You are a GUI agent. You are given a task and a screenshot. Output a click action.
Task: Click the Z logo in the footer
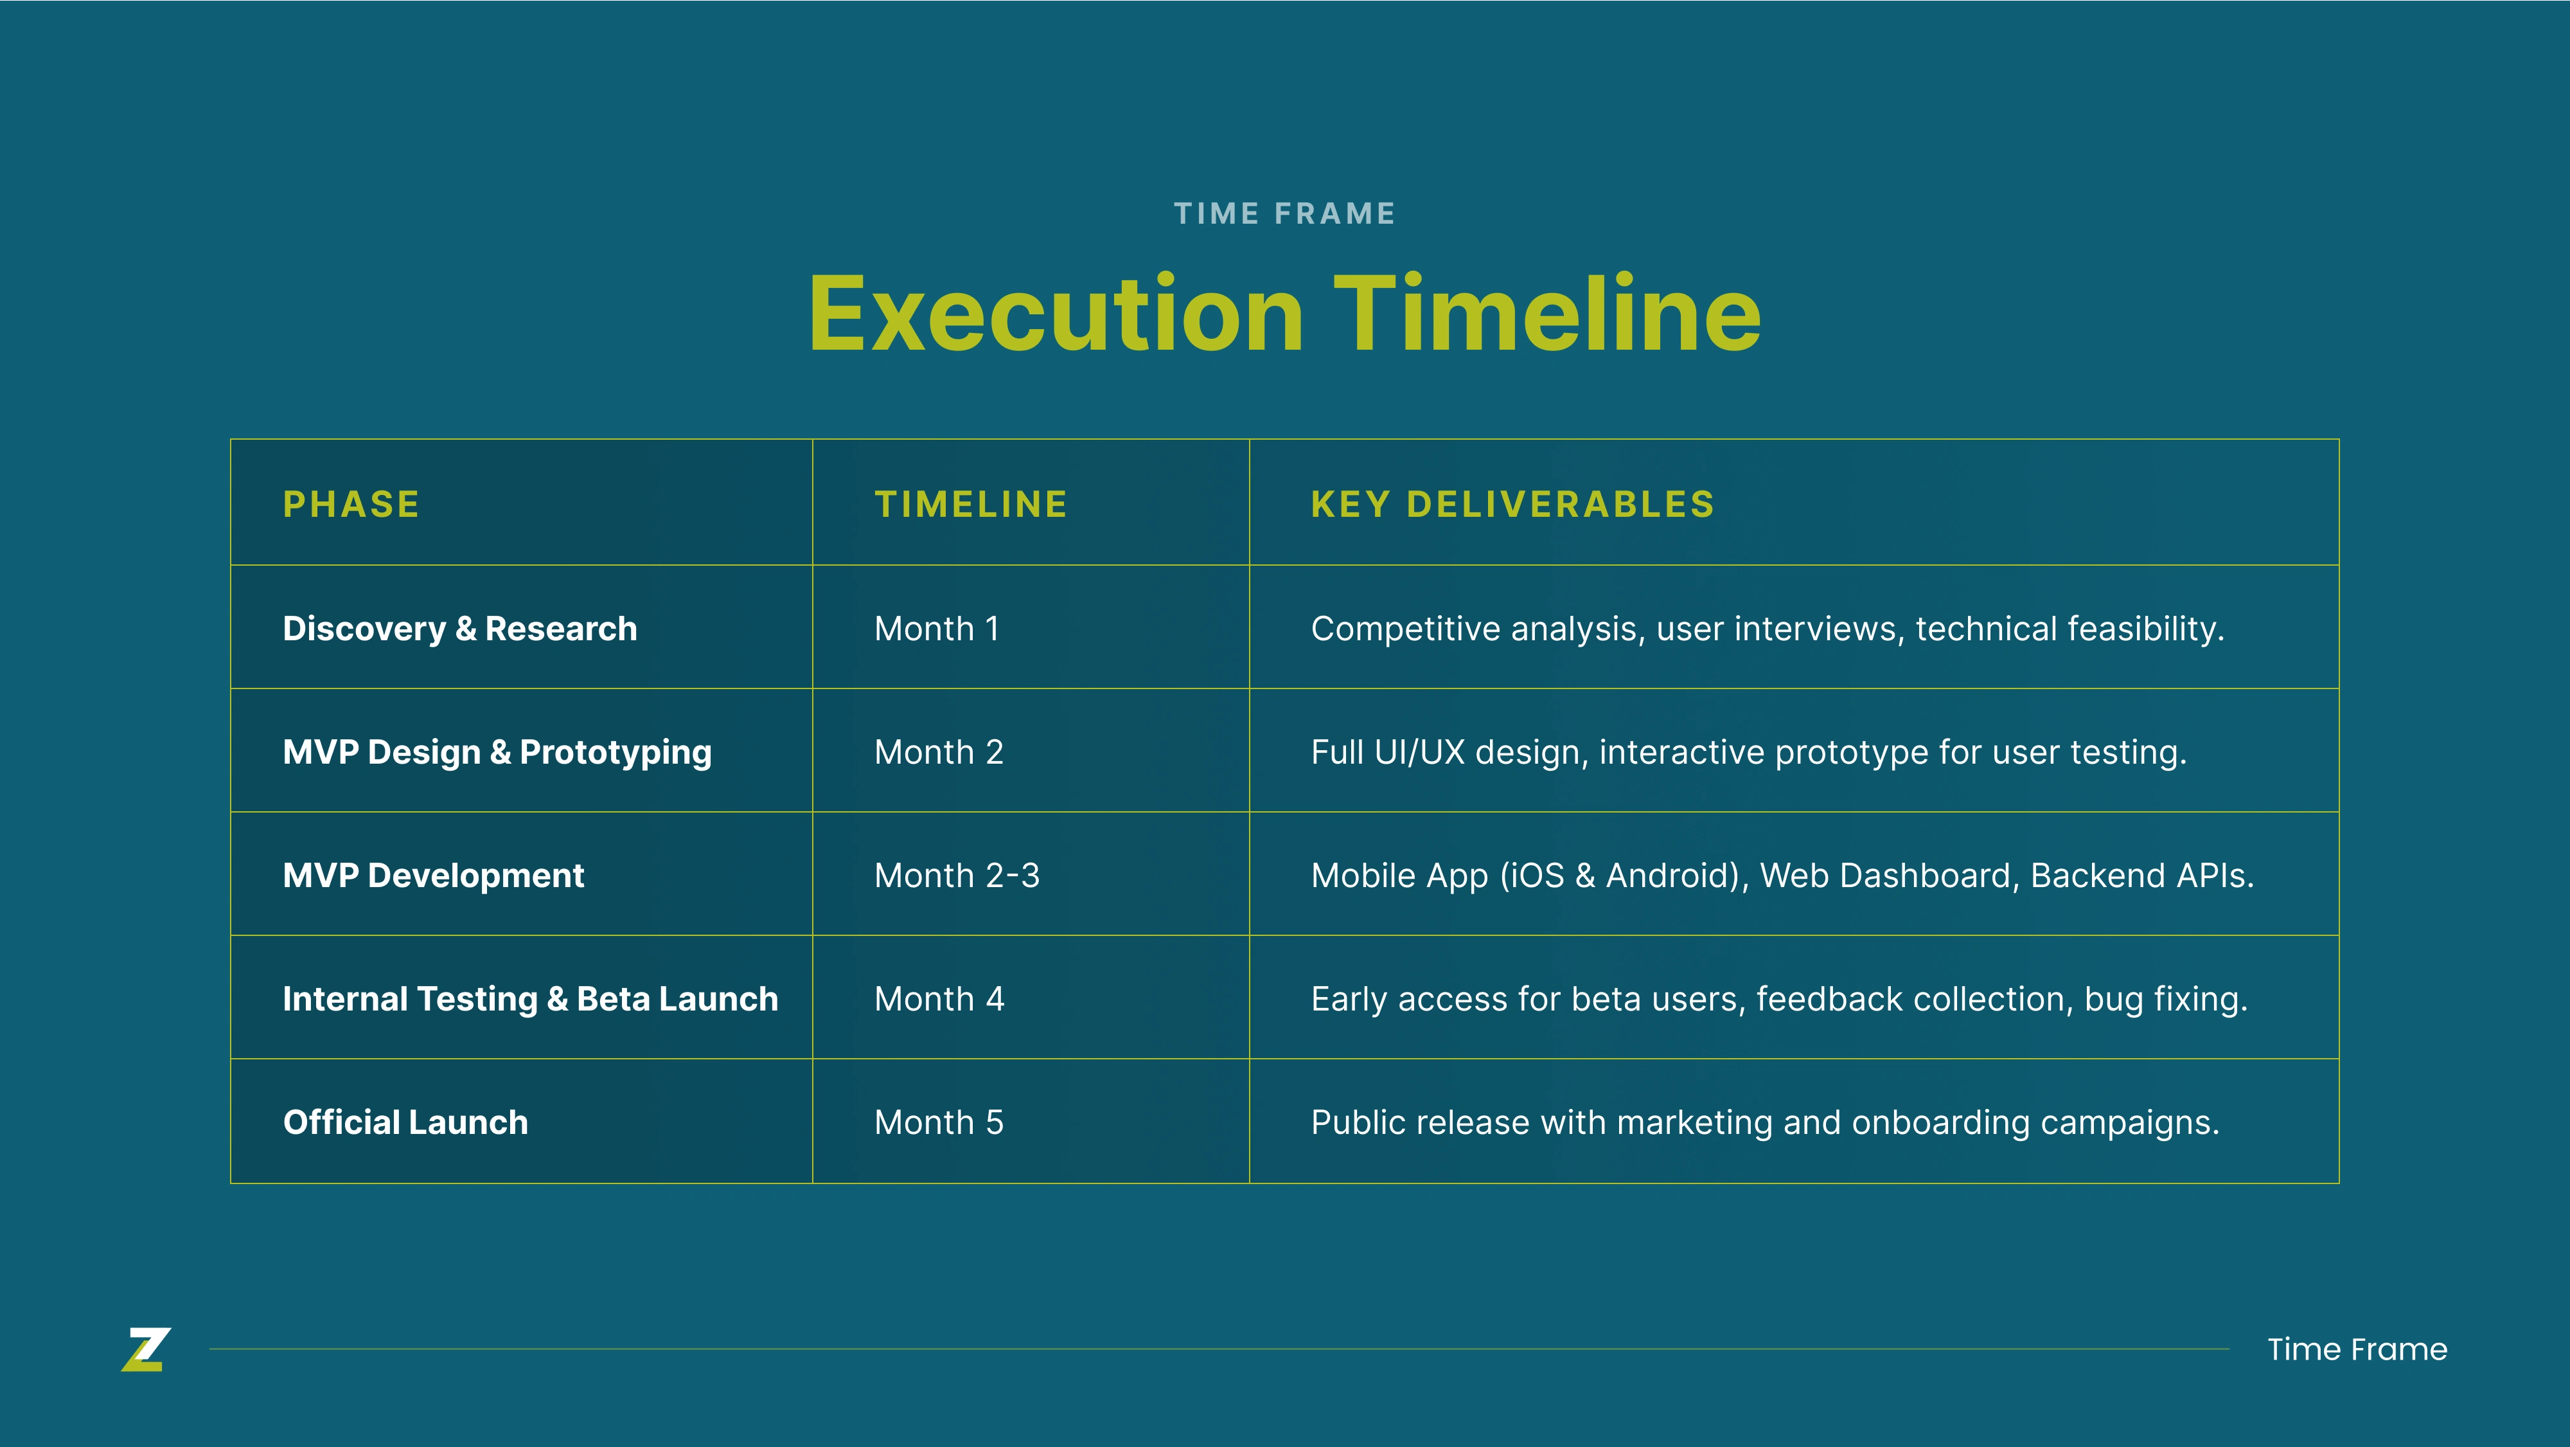[x=146, y=1349]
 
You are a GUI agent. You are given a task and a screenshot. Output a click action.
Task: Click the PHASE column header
[x=351, y=505]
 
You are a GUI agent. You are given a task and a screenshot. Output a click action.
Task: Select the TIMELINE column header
[x=971, y=505]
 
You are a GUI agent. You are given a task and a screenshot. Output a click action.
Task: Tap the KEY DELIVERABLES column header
[x=1512, y=505]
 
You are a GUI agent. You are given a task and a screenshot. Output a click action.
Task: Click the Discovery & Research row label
[x=460, y=629]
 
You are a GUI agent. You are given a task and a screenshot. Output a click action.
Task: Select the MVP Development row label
[x=433, y=875]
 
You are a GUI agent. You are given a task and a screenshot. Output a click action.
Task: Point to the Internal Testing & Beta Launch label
[x=531, y=999]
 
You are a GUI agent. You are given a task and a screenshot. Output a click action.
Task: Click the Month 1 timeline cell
[x=937, y=629]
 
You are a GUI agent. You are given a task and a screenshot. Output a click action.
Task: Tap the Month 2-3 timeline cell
[x=957, y=875]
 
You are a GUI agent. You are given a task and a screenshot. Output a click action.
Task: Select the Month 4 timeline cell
[x=939, y=999]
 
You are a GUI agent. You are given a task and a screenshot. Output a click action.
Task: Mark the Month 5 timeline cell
[x=939, y=1122]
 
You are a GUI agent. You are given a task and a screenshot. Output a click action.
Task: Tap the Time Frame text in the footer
[x=2357, y=1349]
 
